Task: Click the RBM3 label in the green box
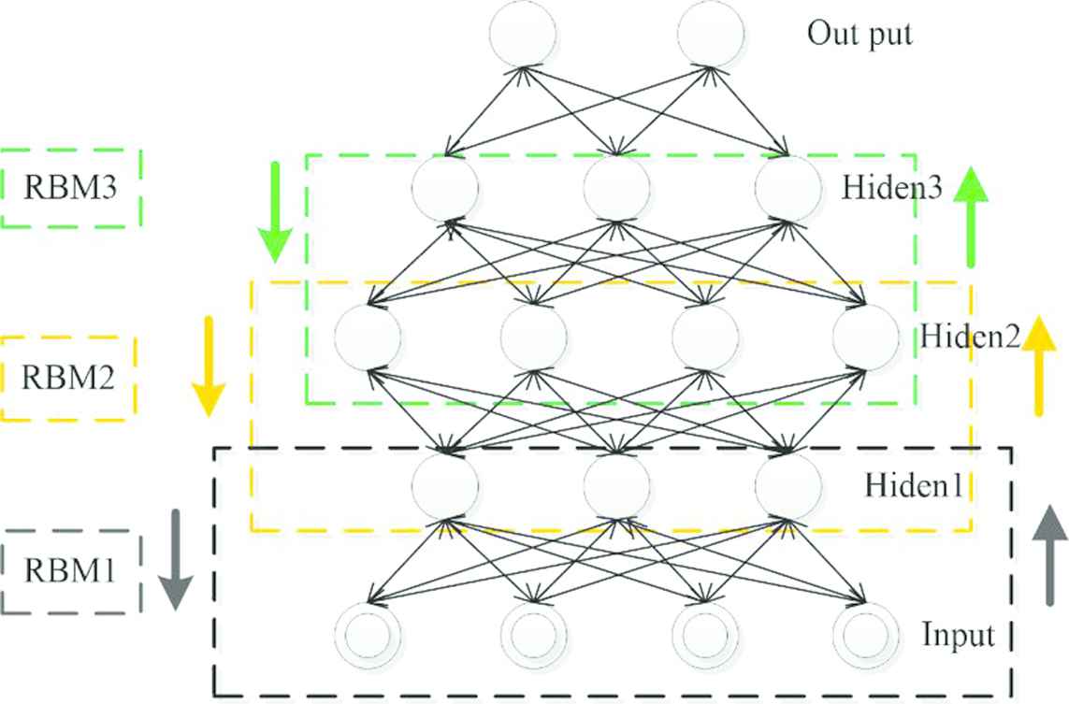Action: tap(71, 188)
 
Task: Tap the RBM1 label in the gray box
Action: tap(71, 570)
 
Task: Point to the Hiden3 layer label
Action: tap(890, 188)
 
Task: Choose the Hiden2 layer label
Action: tap(970, 336)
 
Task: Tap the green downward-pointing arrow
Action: tap(275, 211)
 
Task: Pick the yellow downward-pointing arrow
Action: tap(208, 366)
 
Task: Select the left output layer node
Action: tap(523, 35)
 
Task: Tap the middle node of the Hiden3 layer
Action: tap(616, 188)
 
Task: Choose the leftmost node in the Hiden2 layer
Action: tap(367, 336)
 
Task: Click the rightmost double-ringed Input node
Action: tap(864, 636)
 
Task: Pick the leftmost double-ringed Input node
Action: tap(367, 636)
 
